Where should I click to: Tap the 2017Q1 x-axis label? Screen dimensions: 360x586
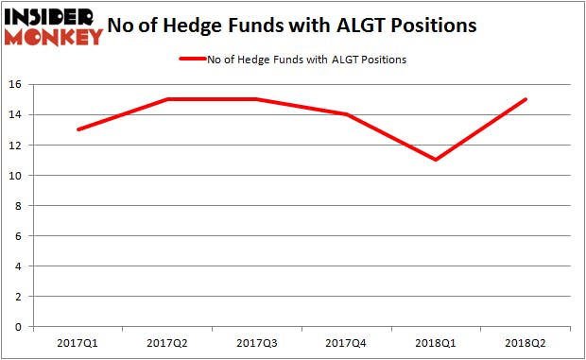pyautogui.click(x=77, y=341)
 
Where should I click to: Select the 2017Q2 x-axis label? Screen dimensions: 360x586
pyautogui.click(x=166, y=341)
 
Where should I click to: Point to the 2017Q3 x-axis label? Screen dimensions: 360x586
pyautogui.click(x=256, y=341)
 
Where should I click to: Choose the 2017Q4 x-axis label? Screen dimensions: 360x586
pyautogui.click(x=346, y=341)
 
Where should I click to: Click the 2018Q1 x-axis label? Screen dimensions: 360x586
pyautogui.click(x=436, y=341)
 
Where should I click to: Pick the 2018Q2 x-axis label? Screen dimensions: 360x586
pyautogui.click(x=526, y=341)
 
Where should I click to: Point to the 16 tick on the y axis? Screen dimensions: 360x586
pyautogui.click(x=19, y=85)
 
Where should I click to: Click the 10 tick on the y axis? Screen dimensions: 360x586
pyautogui.click(x=19, y=176)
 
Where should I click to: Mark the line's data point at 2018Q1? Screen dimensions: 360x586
pyautogui.click(x=436, y=160)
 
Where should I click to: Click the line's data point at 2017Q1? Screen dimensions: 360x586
pyautogui.click(x=77, y=129)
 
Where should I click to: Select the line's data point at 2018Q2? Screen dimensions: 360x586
pyautogui.click(x=526, y=99)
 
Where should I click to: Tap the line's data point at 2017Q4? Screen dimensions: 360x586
pyautogui.click(x=346, y=114)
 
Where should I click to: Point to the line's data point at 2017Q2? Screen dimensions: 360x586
pyautogui.click(x=166, y=99)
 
